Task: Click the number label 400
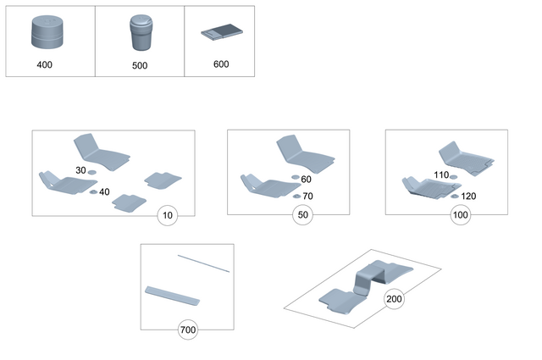click(x=45, y=64)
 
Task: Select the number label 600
click(x=221, y=64)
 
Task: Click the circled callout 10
click(x=168, y=216)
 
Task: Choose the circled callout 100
click(x=461, y=216)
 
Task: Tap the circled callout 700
click(x=187, y=330)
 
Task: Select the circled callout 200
click(x=395, y=299)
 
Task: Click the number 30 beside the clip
click(x=80, y=171)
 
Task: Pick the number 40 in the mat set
click(x=104, y=192)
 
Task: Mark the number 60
click(x=307, y=180)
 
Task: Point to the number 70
click(x=307, y=197)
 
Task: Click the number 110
click(x=441, y=175)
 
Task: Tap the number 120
click(x=468, y=197)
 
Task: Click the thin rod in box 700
click(x=203, y=263)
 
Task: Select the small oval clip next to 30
click(x=92, y=173)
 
